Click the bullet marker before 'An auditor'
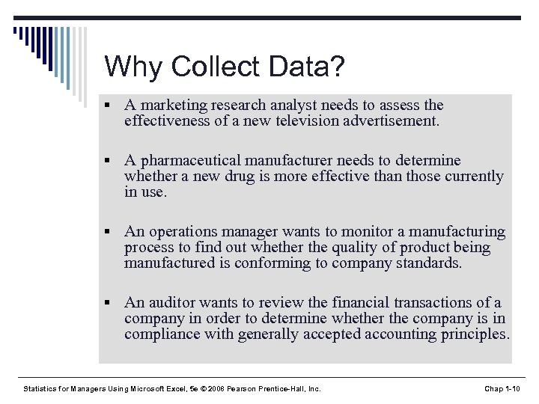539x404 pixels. [x=109, y=303]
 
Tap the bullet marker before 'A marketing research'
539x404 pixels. [x=109, y=105]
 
